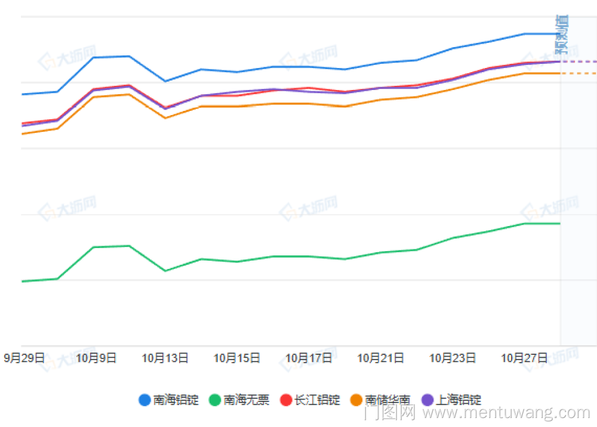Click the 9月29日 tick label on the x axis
pyautogui.click(x=24, y=358)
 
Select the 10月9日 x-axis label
pyautogui.click(x=96, y=358)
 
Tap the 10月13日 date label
pyautogui.click(x=165, y=358)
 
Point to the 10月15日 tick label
pyautogui.click(x=237, y=358)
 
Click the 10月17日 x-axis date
pyautogui.click(x=309, y=358)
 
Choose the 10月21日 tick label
pyautogui.click(x=380, y=358)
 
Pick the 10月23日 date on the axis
pyautogui.click(x=453, y=358)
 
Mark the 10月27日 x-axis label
pyautogui.click(x=524, y=358)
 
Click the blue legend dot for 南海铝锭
pyautogui.click(x=144, y=400)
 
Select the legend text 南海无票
pyautogui.click(x=247, y=400)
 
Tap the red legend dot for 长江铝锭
pyautogui.click(x=286, y=400)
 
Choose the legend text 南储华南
pyautogui.click(x=388, y=400)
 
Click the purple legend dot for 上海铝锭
pyautogui.click(x=427, y=400)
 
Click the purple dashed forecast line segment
pyautogui.click(x=578, y=61)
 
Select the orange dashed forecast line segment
pyautogui.click(x=578, y=73)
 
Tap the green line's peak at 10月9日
pyautogui.click(x=94, y=247)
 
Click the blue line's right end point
pyautogui.click(x=560, y=34)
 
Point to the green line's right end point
pyautogui.click(x=560, y=224)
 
